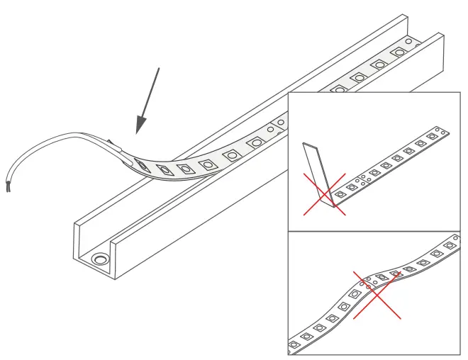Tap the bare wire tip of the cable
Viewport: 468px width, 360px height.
tap(7, 187)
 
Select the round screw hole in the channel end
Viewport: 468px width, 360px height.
tap(101, 260)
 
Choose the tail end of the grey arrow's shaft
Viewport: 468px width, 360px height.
tap(160, 69)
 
